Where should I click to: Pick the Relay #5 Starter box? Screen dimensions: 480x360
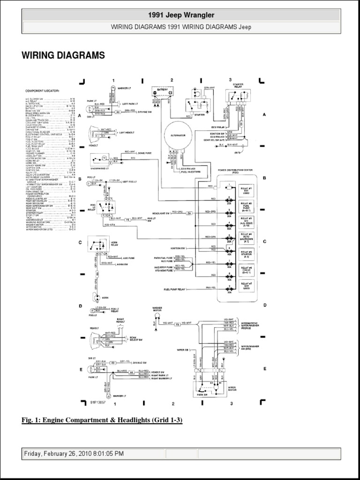tap(247, 254)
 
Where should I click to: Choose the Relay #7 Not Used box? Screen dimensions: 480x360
tap(247, 286)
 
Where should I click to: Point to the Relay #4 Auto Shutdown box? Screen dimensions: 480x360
tap(247, 238)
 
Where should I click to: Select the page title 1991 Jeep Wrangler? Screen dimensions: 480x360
tap(180, 15)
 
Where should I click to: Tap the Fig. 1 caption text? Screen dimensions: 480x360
tap(102, 420)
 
